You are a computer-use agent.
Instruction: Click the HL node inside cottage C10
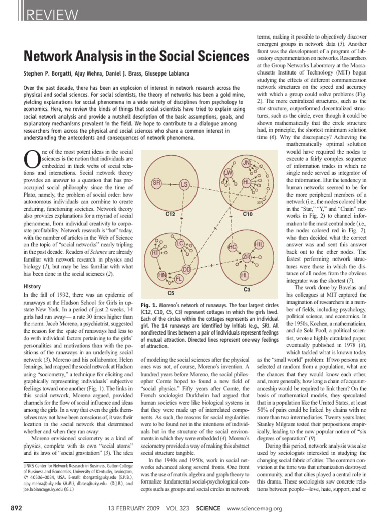click(x=247, y=182)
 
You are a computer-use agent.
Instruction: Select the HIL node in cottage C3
click(x=259, y=245)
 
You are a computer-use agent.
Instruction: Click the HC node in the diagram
click(x=233, y=247)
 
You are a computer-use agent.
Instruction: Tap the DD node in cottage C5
click(x=186, y=269)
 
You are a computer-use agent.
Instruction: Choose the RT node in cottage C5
click(x=156, y=252)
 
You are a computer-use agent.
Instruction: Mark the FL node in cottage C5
click(x=179, y=279)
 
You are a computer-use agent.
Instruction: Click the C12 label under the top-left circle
click(x=171, y=214)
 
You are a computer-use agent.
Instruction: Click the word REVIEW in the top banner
click(x=50, y=16)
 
